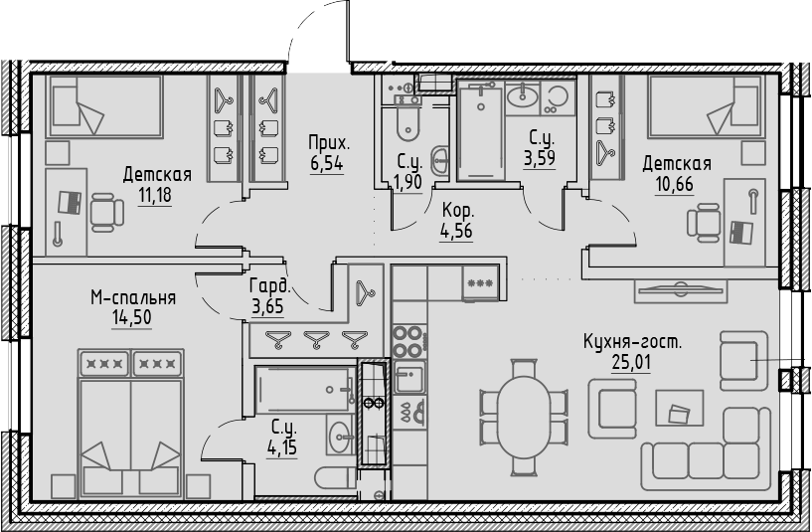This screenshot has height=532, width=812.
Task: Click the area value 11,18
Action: click(x=154, y=195)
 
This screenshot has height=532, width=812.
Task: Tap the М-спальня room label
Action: click(x=133, y=297)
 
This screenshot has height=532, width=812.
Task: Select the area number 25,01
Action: click(x=631, y=362)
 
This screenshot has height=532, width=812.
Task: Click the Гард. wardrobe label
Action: click(x=269, y=286)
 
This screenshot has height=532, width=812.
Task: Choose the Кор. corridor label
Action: click(x=457, y=210)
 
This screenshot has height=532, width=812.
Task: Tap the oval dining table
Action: click(x=524, y=418)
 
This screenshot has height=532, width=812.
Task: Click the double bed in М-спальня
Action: click(x=130, y=424)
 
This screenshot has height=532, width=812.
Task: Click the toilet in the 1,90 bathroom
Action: click(x=407, y=124)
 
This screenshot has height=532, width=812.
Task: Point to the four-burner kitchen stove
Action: click(x=409, y=341)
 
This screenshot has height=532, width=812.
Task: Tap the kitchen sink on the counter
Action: click(x=409, y=377)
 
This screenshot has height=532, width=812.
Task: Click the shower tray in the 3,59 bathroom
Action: click(x=481, y=133)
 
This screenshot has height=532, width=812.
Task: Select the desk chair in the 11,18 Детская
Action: click(x=106, y=213)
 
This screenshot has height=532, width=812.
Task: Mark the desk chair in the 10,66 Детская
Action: click(x=705, y=223)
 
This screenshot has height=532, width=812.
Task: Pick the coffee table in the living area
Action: click(x=680, y=408)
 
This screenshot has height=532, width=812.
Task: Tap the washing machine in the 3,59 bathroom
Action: click(x=558, y=98)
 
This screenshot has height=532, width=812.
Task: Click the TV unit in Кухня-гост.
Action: click(x=680, y=291)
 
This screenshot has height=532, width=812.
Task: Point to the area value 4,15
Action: click(x=282, y=446)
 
